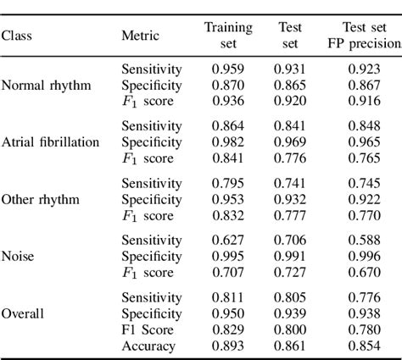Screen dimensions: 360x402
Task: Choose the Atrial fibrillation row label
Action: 51,142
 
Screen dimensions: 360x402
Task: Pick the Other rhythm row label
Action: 40,199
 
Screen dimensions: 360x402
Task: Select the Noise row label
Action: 19,256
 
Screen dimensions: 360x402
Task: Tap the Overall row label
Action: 23,313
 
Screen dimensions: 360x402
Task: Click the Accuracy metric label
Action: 148,346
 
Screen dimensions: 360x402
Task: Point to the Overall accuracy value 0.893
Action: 229,346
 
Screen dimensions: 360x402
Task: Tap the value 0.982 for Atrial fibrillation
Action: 229,142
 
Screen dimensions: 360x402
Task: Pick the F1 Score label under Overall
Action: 148,330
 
